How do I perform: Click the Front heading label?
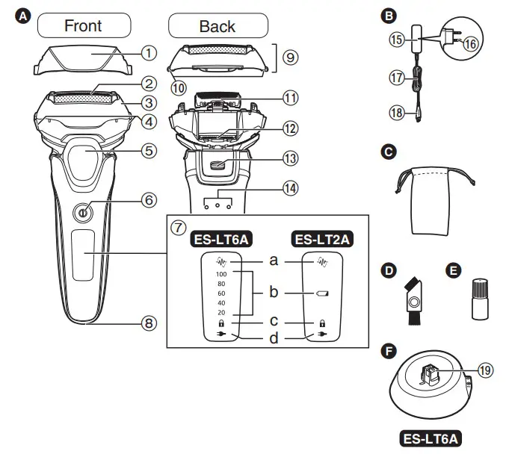tap(83, 26)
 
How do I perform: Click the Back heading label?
tap(217, 26)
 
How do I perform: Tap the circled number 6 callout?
tap(149, 200)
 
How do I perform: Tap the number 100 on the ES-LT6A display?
tap(220, 274)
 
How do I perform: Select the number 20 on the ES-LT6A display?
tap(220, 312)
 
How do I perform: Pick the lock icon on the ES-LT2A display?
tap(323, 325)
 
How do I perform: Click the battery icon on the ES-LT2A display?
tap(323, 294)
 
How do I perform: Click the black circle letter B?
tap(388, 15)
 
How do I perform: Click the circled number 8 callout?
tap(149, 323)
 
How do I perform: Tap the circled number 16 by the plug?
tap(469, 45)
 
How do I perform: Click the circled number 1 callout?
tap(149, 53)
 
